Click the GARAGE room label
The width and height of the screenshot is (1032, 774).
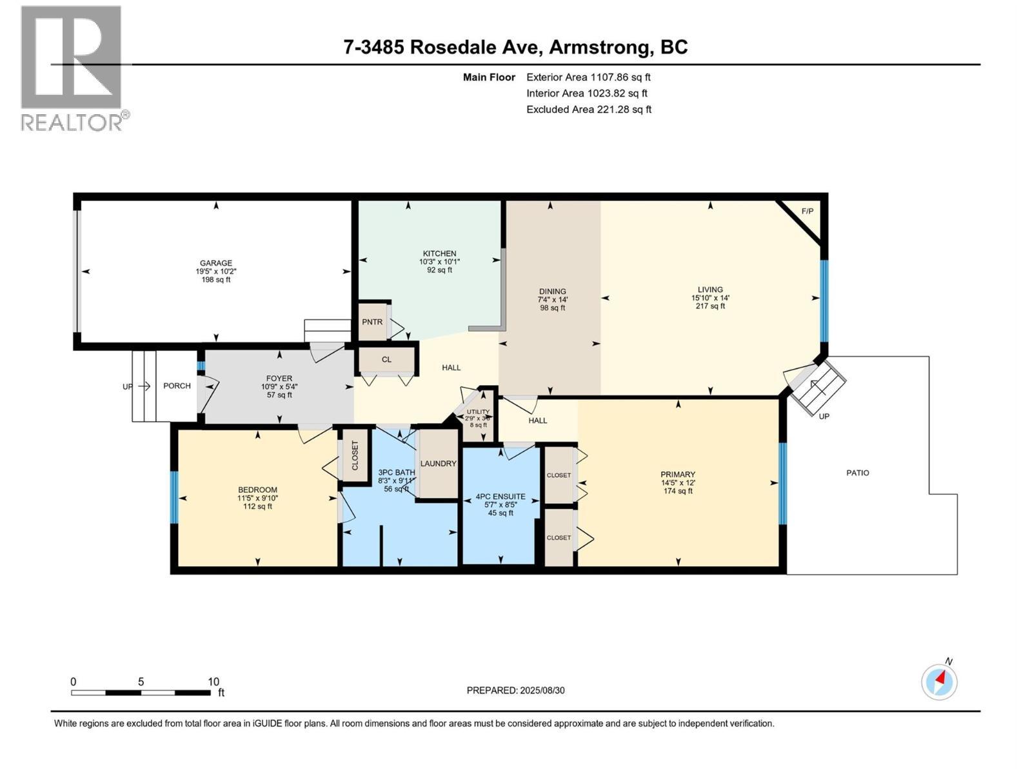click(215, 263)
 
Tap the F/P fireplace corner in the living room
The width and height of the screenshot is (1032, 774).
click(807, 212)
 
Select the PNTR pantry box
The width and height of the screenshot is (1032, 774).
click(372, 322)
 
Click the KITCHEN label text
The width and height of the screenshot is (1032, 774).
click(439, 253)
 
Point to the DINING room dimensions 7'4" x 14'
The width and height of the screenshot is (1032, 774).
click(553, 300)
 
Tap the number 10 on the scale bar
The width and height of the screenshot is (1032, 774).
click(213, 682)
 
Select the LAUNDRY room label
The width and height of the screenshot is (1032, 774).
click(438, 464)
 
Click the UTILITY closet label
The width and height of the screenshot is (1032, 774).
click(478, 412)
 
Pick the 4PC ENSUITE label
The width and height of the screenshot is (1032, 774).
click(501, 497)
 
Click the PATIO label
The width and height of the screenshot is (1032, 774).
click(857, 473)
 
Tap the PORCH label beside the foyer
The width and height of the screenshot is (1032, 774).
click(177, 386)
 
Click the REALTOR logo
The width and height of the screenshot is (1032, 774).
click(72, 68)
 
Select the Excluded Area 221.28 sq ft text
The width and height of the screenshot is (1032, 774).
click(588, 110)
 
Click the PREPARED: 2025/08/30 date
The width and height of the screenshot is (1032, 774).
click(515, 690)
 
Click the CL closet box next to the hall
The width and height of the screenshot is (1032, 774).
click(386, 360)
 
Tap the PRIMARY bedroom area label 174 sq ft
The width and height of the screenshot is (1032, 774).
click(677, 491)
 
